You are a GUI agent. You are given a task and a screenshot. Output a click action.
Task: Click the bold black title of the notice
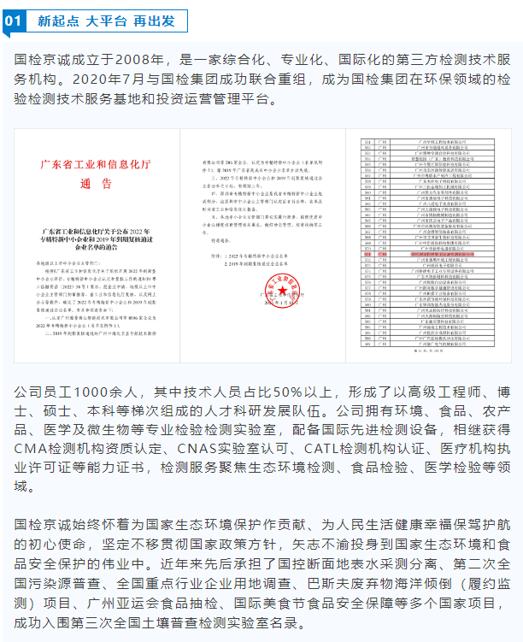(x=95, y=237)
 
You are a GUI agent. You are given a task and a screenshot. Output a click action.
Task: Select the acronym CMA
(x=32, y=448)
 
